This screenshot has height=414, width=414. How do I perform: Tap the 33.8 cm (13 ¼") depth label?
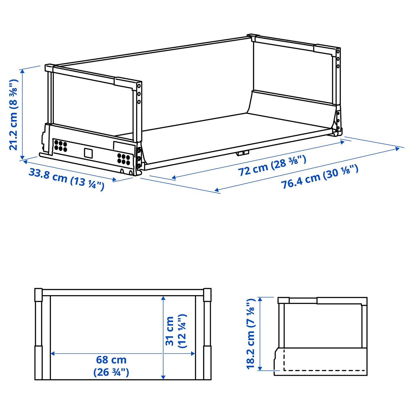pyautogui.click(x=66, y=179)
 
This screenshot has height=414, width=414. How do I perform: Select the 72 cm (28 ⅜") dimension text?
pyautogui.click(x=272, y=166)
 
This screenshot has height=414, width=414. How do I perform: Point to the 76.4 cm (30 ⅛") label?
pyautogui.click(x=319, y=177)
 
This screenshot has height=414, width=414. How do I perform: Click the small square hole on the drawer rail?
pyautogui.click(x=88, y=153)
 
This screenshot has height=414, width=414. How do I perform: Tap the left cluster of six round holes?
pyautogui.click(x=61, y=146)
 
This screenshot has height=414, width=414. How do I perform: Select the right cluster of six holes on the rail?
pyautogui.click(x=124, y=159)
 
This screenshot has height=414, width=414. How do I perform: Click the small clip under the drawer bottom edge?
pyautogui.click(x=242, y=153)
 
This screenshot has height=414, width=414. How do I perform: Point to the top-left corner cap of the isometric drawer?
pyautogui.click(x=49, y=68)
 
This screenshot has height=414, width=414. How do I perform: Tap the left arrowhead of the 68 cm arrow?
pyautogui.click(x=53, y=353)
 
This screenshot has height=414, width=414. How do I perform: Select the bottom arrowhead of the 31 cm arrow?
pyautogui.click(x=163, y=377)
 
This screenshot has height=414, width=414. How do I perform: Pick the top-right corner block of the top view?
pyautogui.click(x=207, y=295)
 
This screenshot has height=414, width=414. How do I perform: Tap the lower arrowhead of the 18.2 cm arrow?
pyautogui.click(x=260, y=368)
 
